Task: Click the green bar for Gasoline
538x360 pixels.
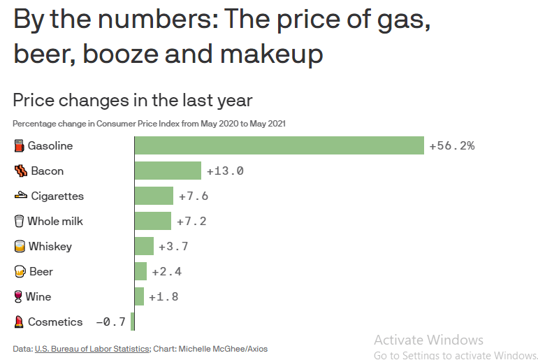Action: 279,145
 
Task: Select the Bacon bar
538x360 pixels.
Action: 168,171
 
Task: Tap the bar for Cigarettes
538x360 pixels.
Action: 154,196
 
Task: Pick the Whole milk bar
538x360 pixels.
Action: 152,221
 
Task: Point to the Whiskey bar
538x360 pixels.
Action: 144,246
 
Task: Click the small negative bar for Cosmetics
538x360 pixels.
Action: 132,322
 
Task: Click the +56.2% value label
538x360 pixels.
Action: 452,146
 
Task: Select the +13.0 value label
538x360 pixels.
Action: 225,171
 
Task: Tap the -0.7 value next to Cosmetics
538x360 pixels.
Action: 110,322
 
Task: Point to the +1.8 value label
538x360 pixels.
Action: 163,297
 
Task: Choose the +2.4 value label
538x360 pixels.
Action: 166,272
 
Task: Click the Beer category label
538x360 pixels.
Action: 41,271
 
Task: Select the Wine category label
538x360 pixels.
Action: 38,296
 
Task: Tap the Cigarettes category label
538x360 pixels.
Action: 57,196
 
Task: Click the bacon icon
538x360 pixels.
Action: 20,171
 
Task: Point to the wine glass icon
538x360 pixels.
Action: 18,297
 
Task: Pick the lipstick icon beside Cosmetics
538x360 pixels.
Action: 19,322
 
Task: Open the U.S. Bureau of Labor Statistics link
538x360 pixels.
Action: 92,348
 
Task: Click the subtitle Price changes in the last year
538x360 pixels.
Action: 133,100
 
